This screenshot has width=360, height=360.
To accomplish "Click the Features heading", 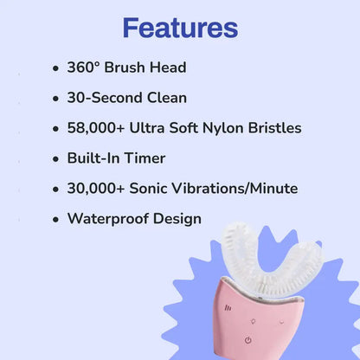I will point(180,28).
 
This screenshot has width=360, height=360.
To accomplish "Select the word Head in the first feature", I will point(167,67).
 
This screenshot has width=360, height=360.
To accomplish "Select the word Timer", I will point(148,158).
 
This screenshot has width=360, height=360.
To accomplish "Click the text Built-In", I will point(93,158).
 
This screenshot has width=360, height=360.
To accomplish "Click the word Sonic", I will point(155,189).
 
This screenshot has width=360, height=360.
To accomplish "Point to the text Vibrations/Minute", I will point(238,189).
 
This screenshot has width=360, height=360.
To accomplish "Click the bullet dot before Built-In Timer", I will point(56,159).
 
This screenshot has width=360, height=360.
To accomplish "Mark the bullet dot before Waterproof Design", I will point(56,220).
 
